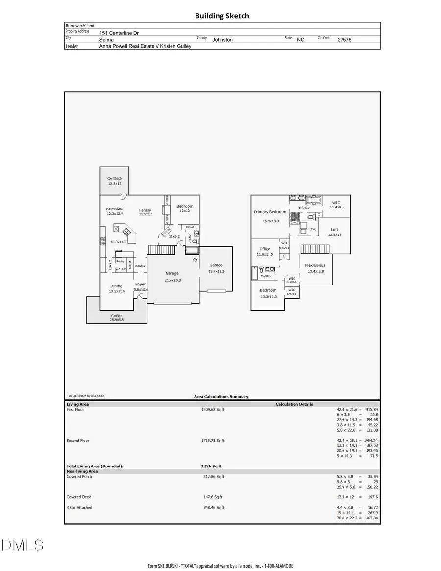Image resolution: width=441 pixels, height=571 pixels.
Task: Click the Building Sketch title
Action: pos(222,16)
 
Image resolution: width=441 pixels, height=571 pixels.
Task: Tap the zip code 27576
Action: pos(344,40)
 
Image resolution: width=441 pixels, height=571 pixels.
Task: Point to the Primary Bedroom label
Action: pos(269,212)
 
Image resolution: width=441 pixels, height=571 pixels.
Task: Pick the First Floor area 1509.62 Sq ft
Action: pos(213,409)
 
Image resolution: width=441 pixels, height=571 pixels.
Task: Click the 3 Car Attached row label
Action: pos(79,507)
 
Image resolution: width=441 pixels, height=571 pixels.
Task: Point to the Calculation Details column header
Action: pos(294,404)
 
